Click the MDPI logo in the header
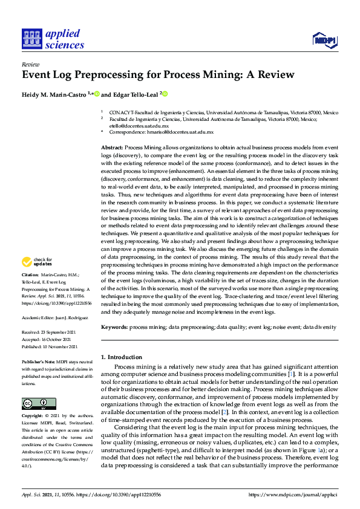coord(324,40)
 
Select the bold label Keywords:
coord(114,326)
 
